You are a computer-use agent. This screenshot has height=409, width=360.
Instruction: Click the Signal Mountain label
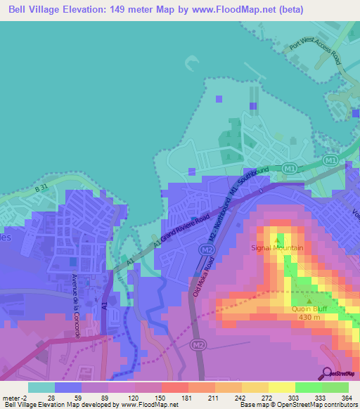[278, 248]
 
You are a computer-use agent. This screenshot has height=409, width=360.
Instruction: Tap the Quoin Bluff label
[309, 309]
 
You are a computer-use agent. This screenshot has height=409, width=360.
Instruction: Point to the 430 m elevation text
[309, 317]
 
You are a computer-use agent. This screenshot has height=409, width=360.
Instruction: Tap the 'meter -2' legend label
[15, 397]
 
